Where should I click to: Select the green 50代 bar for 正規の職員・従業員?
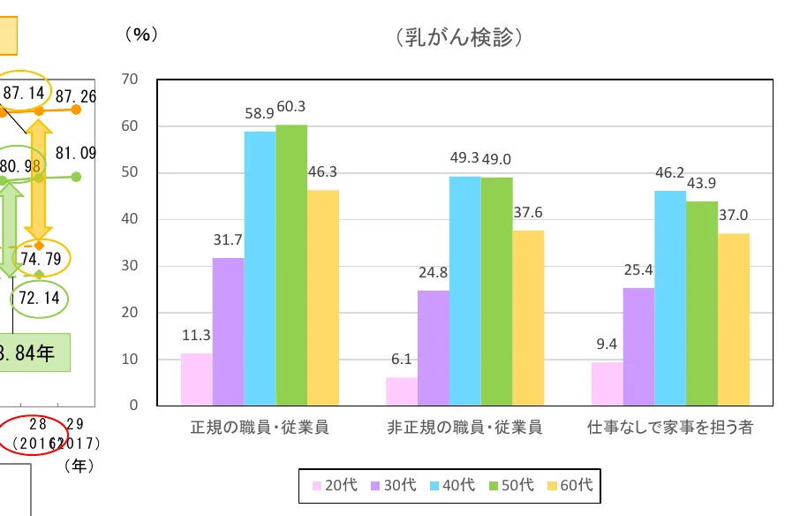[291, 265]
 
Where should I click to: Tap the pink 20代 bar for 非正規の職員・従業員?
[402, 391]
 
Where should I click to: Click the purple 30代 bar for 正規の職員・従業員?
[228, 331]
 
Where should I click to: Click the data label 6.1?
[402, 360]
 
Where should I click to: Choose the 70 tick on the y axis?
[130, 80]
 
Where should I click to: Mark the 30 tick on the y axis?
[130, 266]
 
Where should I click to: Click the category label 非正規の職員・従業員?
[464, 428]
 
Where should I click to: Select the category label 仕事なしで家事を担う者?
[670, 428]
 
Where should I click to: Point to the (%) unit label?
[140, 34]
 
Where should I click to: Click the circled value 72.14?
[39, 298]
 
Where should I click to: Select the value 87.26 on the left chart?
[75, 95]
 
